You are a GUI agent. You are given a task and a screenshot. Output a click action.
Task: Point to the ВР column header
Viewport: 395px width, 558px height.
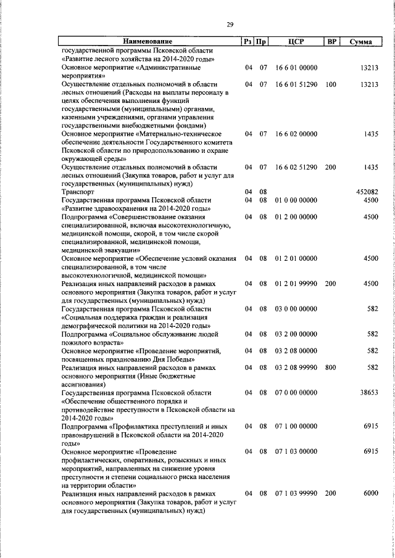tap(331, 41)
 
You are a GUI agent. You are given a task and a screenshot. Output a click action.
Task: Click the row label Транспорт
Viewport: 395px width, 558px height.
tap(79, 192)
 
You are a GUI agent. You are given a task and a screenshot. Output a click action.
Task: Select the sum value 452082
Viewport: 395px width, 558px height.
tap(367, 192)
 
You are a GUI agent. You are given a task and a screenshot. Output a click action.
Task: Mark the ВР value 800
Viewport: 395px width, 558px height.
tap(331, 367)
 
